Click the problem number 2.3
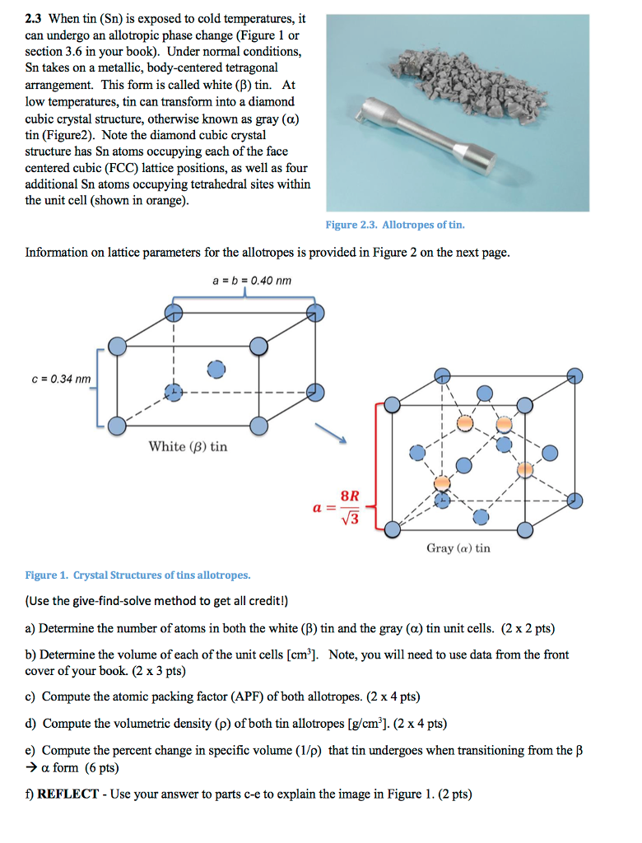35,19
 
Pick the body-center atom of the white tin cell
215,369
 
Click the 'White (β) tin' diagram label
188,446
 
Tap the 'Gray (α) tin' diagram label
458,547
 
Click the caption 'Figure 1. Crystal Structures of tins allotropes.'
137,575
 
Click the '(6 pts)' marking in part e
102,767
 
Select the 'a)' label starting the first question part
30,628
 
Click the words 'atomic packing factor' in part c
147,696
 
